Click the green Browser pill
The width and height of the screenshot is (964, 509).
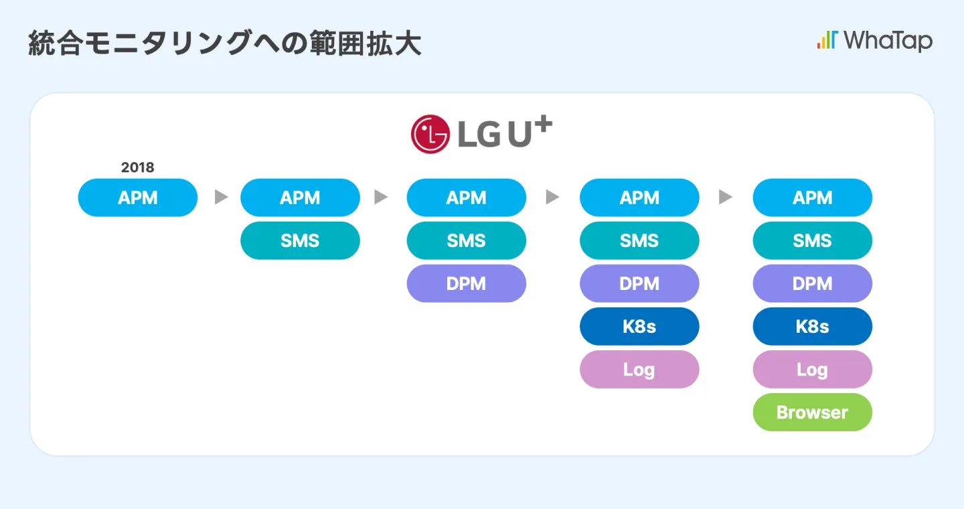pyautogui.click(x=812, y=412)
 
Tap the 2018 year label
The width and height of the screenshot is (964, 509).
pyautogui.click(x=137, y=167)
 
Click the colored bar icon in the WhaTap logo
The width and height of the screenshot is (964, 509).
pyautogui.click(x=826, y=40)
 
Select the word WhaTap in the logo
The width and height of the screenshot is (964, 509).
pyautogui.click(x=888, y=41)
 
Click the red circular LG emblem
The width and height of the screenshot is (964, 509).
pyautogui.click(x=430, y=135)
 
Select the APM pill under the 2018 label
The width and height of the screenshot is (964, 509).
pyautogui.click(x=138, y=198)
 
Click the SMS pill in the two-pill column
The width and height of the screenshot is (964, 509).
pyautogui.click(x=300, y=240)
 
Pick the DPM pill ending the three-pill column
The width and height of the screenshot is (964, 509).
pyautogui.click(x=467, y=283)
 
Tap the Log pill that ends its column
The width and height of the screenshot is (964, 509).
pyautogui.click(x=639, y=369)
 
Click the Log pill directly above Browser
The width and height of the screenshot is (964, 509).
pyautogui.click(x=812, y=369)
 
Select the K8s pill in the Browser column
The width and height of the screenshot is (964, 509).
pyautogui.click(x=812, y=326)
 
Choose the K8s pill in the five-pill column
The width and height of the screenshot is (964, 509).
pyautogui.click(x=639, y=326)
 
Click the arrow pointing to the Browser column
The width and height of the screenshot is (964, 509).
pyautogui.click(x=726, y=198)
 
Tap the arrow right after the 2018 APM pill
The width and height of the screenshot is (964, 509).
pyautogui.click(x=221, y=198)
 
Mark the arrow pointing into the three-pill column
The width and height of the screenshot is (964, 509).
pyautogui.click(x=381, y=198)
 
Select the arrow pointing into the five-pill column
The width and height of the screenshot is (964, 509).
pyautogui.click(x=552, y=198)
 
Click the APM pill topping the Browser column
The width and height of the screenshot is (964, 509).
pyautogui.click(x=812, y=198)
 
